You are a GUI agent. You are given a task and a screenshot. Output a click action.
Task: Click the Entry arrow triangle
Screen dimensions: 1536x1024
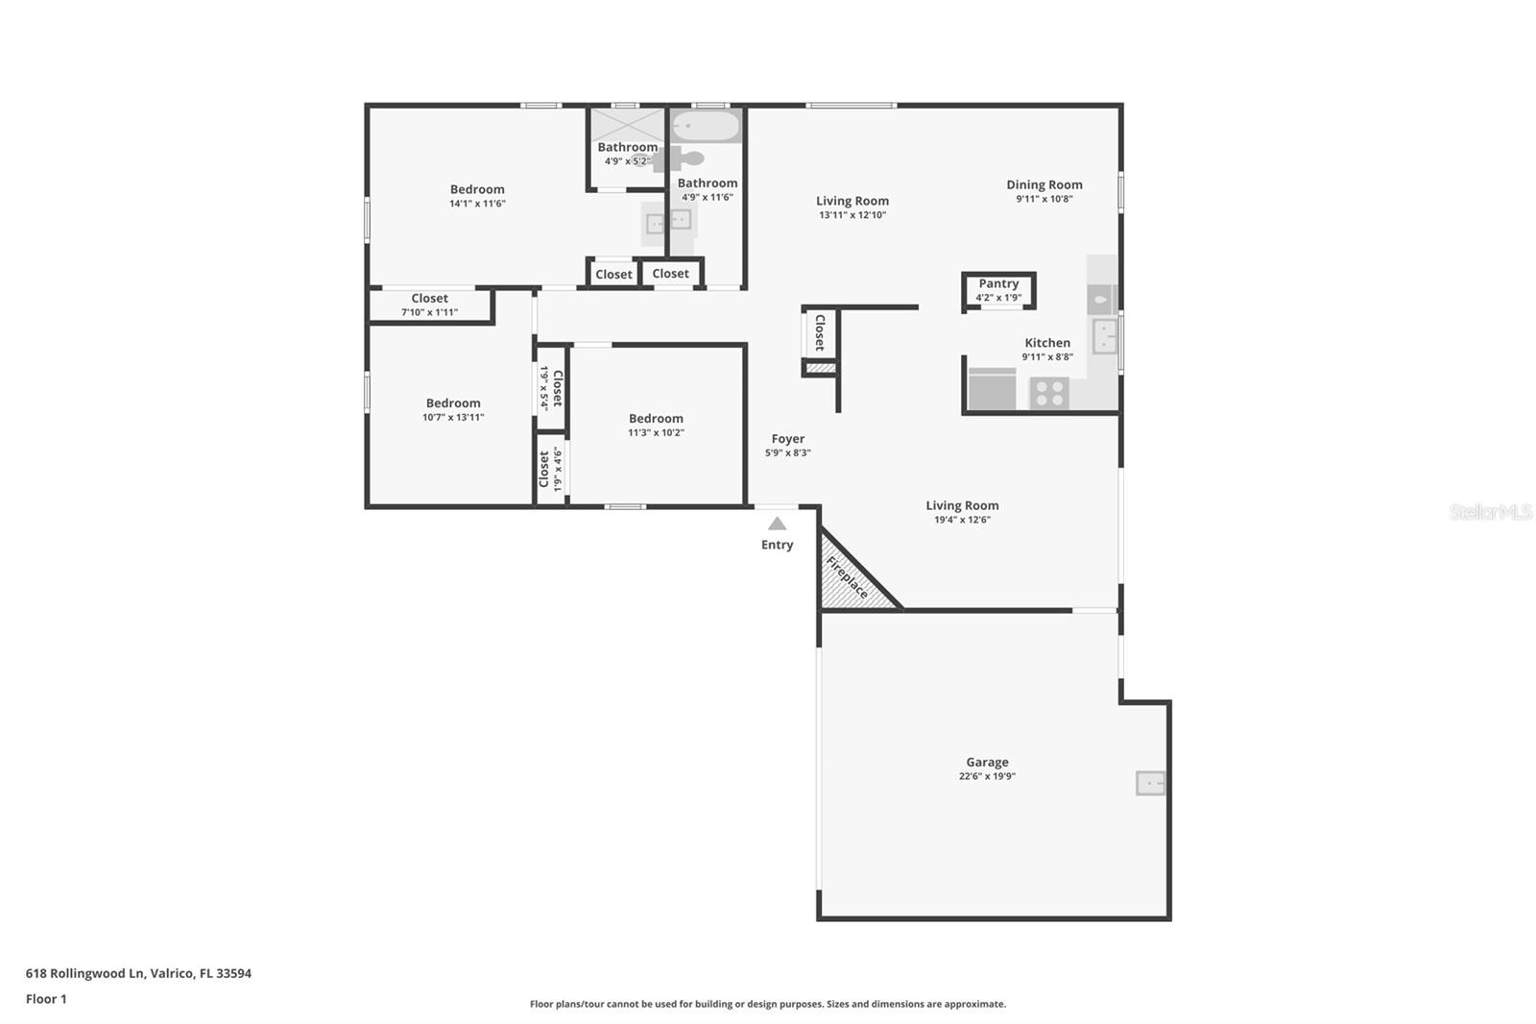pos(778,524)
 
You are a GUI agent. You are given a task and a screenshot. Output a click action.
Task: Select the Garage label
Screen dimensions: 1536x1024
pos(987,762)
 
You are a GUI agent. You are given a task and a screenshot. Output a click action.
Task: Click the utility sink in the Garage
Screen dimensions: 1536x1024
pos(1150,783)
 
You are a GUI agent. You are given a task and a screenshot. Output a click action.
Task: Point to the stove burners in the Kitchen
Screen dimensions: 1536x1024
pos(1048,393)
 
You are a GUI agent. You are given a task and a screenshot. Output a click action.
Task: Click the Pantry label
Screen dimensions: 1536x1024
pos(998,283)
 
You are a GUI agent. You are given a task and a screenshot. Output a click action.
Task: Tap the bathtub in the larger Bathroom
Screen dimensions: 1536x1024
pos(706,126)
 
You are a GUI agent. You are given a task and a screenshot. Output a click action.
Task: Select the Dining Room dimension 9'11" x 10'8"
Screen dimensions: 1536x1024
pos(1044,199)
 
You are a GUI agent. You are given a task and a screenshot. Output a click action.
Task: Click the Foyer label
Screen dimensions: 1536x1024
pos(788,439)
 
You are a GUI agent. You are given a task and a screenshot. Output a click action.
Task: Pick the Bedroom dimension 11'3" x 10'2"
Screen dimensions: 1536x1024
pos(656,432)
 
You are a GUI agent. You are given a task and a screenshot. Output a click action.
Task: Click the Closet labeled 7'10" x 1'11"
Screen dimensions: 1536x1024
pos(429,305)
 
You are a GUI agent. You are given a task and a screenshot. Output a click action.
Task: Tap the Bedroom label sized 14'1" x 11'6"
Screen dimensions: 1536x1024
pos(477,189)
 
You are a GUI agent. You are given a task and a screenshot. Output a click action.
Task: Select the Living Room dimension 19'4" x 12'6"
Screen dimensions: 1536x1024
pos(962,520)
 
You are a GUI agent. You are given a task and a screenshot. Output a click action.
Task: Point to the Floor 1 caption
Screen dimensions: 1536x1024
pos(46,999)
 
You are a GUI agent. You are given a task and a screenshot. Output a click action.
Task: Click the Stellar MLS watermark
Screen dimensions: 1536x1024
pos(1490,512)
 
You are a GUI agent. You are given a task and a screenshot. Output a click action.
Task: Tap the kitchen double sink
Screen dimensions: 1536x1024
pos(1105,336)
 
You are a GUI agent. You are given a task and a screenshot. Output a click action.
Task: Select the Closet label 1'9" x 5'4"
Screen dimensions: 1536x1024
pos(551,388)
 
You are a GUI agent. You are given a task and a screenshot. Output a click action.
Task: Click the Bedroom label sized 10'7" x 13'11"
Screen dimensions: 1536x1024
pos(453,403)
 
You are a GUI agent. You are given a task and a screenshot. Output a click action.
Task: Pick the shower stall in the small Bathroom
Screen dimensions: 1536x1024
pos(626,125)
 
